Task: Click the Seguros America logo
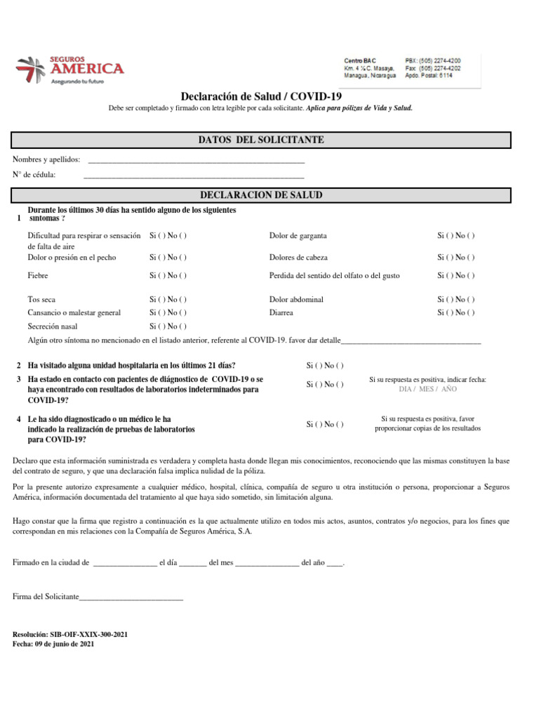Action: tap(69, 70)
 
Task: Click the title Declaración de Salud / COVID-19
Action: tap(262, 96)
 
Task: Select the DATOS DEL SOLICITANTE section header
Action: tap(262, 140)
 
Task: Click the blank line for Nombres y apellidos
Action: tap(194, 161)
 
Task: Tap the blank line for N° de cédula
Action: tap(194, 176)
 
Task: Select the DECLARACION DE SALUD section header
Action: tap(262, 194)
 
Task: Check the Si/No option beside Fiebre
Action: tap(168, 276)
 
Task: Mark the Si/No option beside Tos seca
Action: tap(168, 300)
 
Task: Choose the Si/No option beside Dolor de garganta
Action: tap(455, 236)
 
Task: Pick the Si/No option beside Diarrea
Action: tap(455, 312)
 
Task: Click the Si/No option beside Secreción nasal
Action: tap(168, 326)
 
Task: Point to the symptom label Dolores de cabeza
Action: tap(298, 258)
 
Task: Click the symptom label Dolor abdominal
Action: tap(296, 300)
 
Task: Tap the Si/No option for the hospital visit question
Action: tap(325, 366)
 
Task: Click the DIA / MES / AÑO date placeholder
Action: tap(427, 389)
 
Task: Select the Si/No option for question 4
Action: tap(325, 424)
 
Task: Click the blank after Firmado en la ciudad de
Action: tap(125, 564)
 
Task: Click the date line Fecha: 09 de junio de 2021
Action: tap(53, 643)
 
